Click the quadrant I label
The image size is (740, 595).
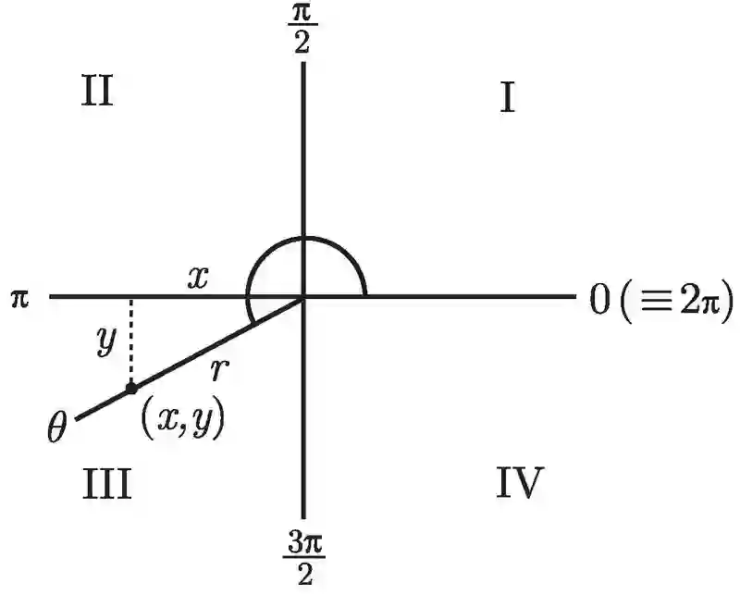click(x=507, y=97)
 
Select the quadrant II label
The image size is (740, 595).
click(x=96, y=92)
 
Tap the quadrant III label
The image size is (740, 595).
click(x=106, y=483)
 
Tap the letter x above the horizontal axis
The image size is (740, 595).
click(x=196, y=278)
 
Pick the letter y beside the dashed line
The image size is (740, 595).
click(x=105, y=341)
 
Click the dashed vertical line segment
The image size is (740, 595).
click(x=131, y=342)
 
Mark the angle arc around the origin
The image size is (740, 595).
click(x=305, y=239)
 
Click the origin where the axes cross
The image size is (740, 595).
click(x=304, y=297)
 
